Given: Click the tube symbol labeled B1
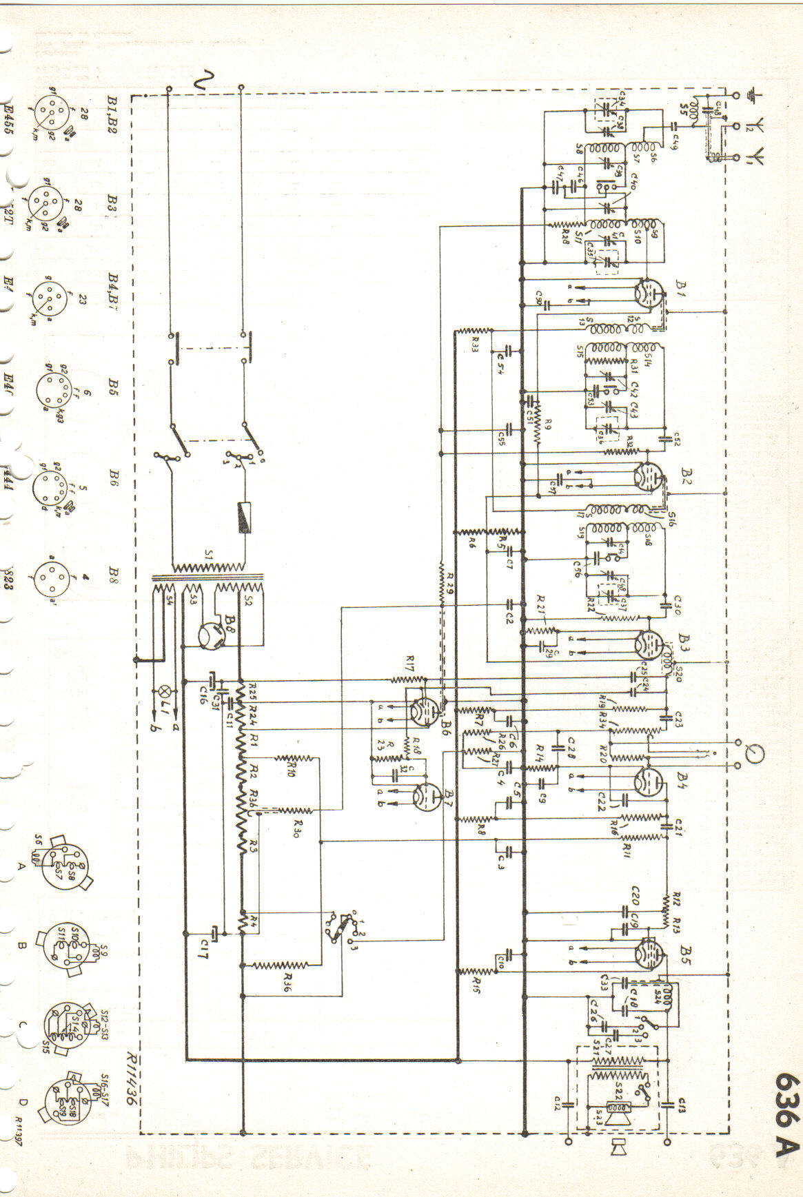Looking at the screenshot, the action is tap(649, 291).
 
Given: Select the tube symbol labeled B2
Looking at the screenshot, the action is tap(648, 475).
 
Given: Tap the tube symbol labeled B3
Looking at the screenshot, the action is tap(648, 645).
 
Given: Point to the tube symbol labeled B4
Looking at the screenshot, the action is tap(648, 781).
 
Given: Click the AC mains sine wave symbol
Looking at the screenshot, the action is tap(205, 82).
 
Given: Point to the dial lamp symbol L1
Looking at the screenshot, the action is tap(164, 690).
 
